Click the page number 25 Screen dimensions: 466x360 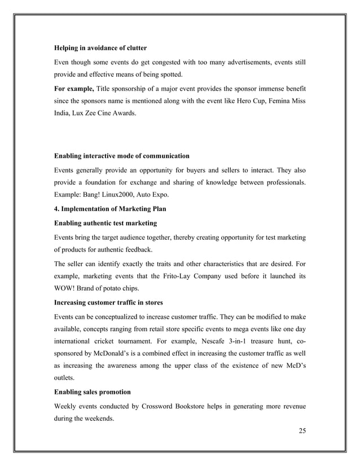tap(302, 432)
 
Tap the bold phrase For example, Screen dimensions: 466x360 tap(74, 89)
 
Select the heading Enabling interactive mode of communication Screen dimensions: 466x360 tap(121, 155)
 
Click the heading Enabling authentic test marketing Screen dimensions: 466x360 tap(105, 224)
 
